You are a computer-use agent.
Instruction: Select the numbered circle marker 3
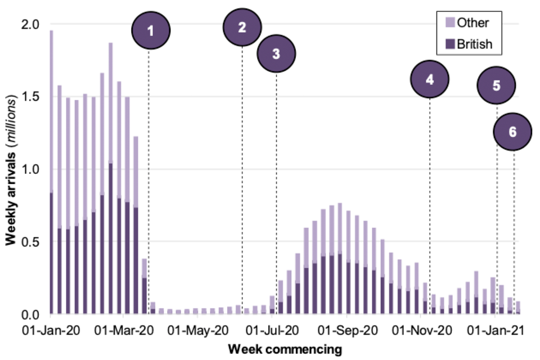276,54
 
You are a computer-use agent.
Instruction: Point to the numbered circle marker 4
430,79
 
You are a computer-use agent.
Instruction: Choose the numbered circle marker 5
496,85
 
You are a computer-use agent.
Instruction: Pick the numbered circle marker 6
512,132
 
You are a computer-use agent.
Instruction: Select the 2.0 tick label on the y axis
30,25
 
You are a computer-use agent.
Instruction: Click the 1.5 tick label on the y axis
30,97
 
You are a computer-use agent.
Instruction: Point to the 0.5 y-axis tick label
30,242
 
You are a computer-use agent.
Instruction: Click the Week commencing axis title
285,349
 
